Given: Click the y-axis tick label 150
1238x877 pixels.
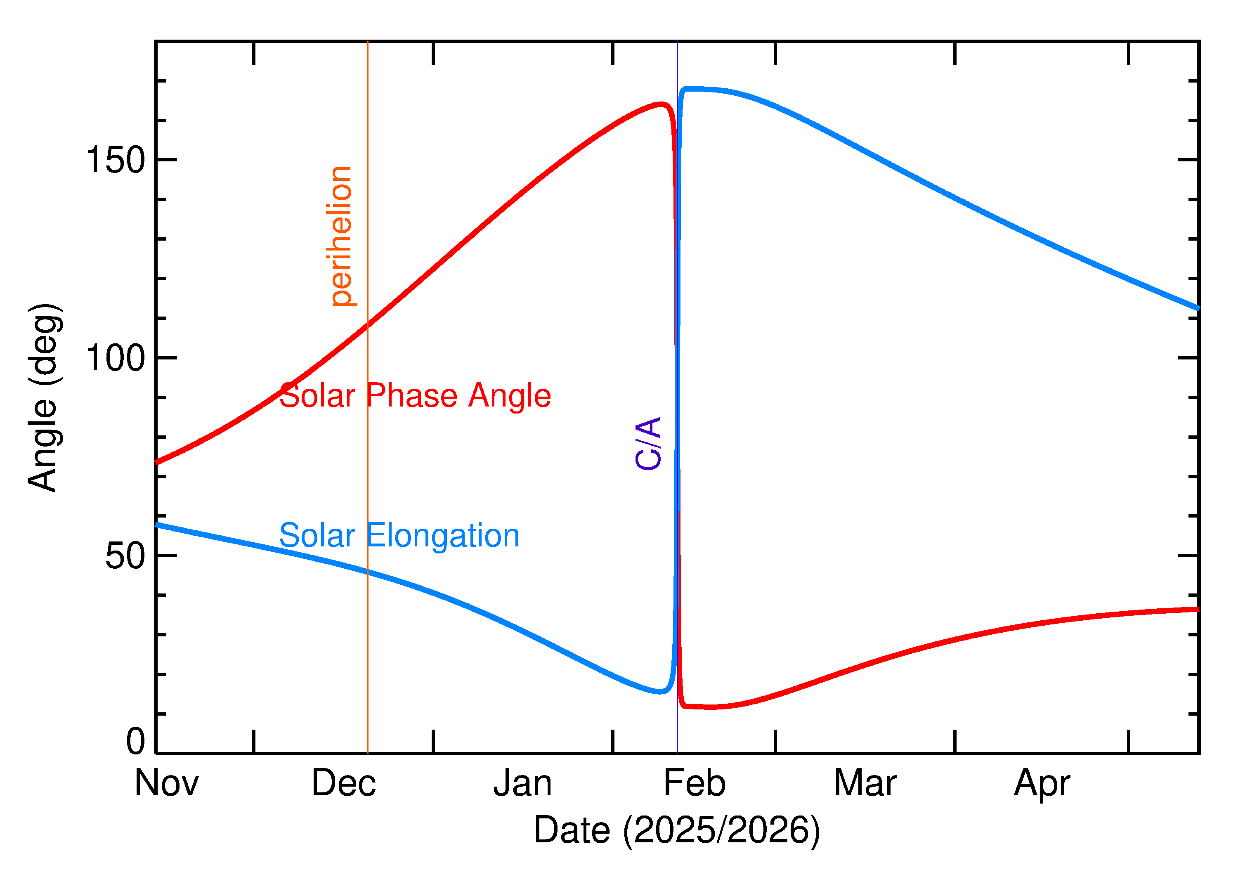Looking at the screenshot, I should pos(116,161).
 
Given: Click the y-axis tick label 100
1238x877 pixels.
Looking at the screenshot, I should pos(116,358).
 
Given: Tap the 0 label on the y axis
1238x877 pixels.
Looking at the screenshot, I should pos(135,742).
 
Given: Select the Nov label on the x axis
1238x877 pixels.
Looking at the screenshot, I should pos(166,784).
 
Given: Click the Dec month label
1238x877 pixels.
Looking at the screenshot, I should pos(343,784).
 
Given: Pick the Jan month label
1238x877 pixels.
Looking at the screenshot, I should pos(522,784).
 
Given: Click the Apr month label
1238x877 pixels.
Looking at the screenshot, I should pos(1042,784).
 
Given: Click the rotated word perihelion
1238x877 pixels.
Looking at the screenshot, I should pos(342,236).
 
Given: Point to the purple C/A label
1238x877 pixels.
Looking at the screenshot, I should pos(648,443).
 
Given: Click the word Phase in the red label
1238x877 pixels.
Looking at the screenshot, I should pos(412,396).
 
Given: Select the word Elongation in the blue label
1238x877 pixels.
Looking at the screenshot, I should pos(443,536).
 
